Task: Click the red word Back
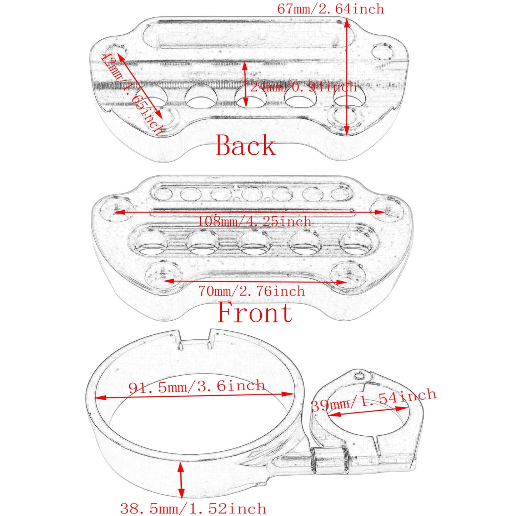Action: point(245,145)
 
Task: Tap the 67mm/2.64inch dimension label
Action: point(330,9)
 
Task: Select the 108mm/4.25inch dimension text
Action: point(254,221)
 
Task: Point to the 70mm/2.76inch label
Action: point(251,291)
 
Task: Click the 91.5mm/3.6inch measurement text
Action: point(196,386)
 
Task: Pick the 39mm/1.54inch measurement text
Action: point(374,401)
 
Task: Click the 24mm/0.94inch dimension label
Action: point(303,87)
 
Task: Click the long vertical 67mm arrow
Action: point(347,77)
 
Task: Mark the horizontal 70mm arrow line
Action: point(255,282)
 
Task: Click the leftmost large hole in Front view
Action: point(151,244)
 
